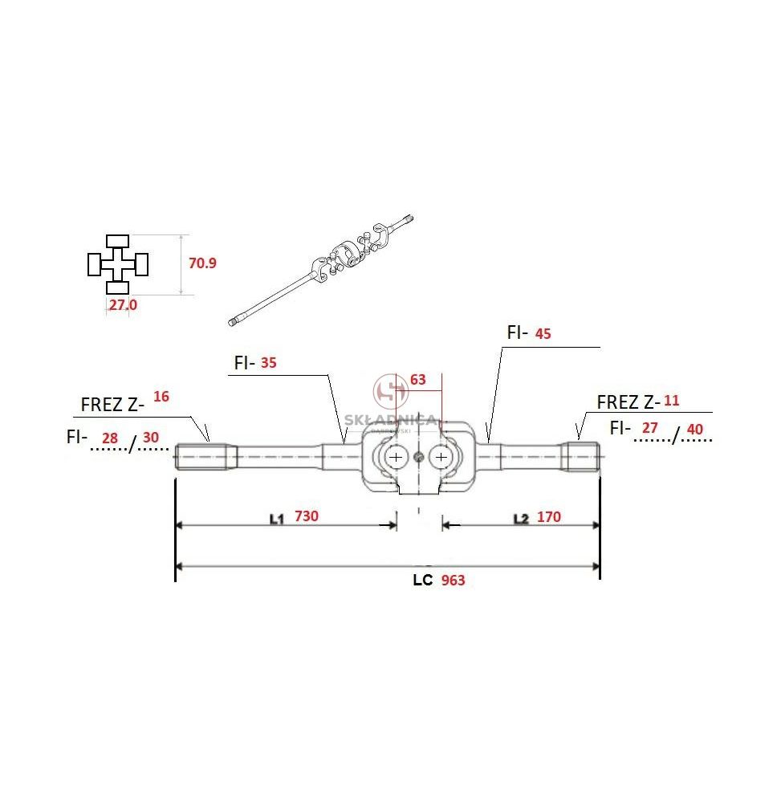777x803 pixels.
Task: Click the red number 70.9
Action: pos(202,263)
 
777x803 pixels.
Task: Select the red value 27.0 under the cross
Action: pos(123,304)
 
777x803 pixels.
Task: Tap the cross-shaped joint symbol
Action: pos(118,264)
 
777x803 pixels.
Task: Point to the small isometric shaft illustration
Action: pos(320,270)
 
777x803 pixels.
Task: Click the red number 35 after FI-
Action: pos(268,363)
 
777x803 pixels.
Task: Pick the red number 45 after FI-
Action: pos(543,334)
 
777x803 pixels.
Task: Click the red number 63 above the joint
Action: pos(417,380)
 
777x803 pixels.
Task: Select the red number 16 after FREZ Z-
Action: pos(161,397)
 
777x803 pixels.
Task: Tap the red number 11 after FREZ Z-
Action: pos(671,401)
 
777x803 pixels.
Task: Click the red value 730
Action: pos(306,516)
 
